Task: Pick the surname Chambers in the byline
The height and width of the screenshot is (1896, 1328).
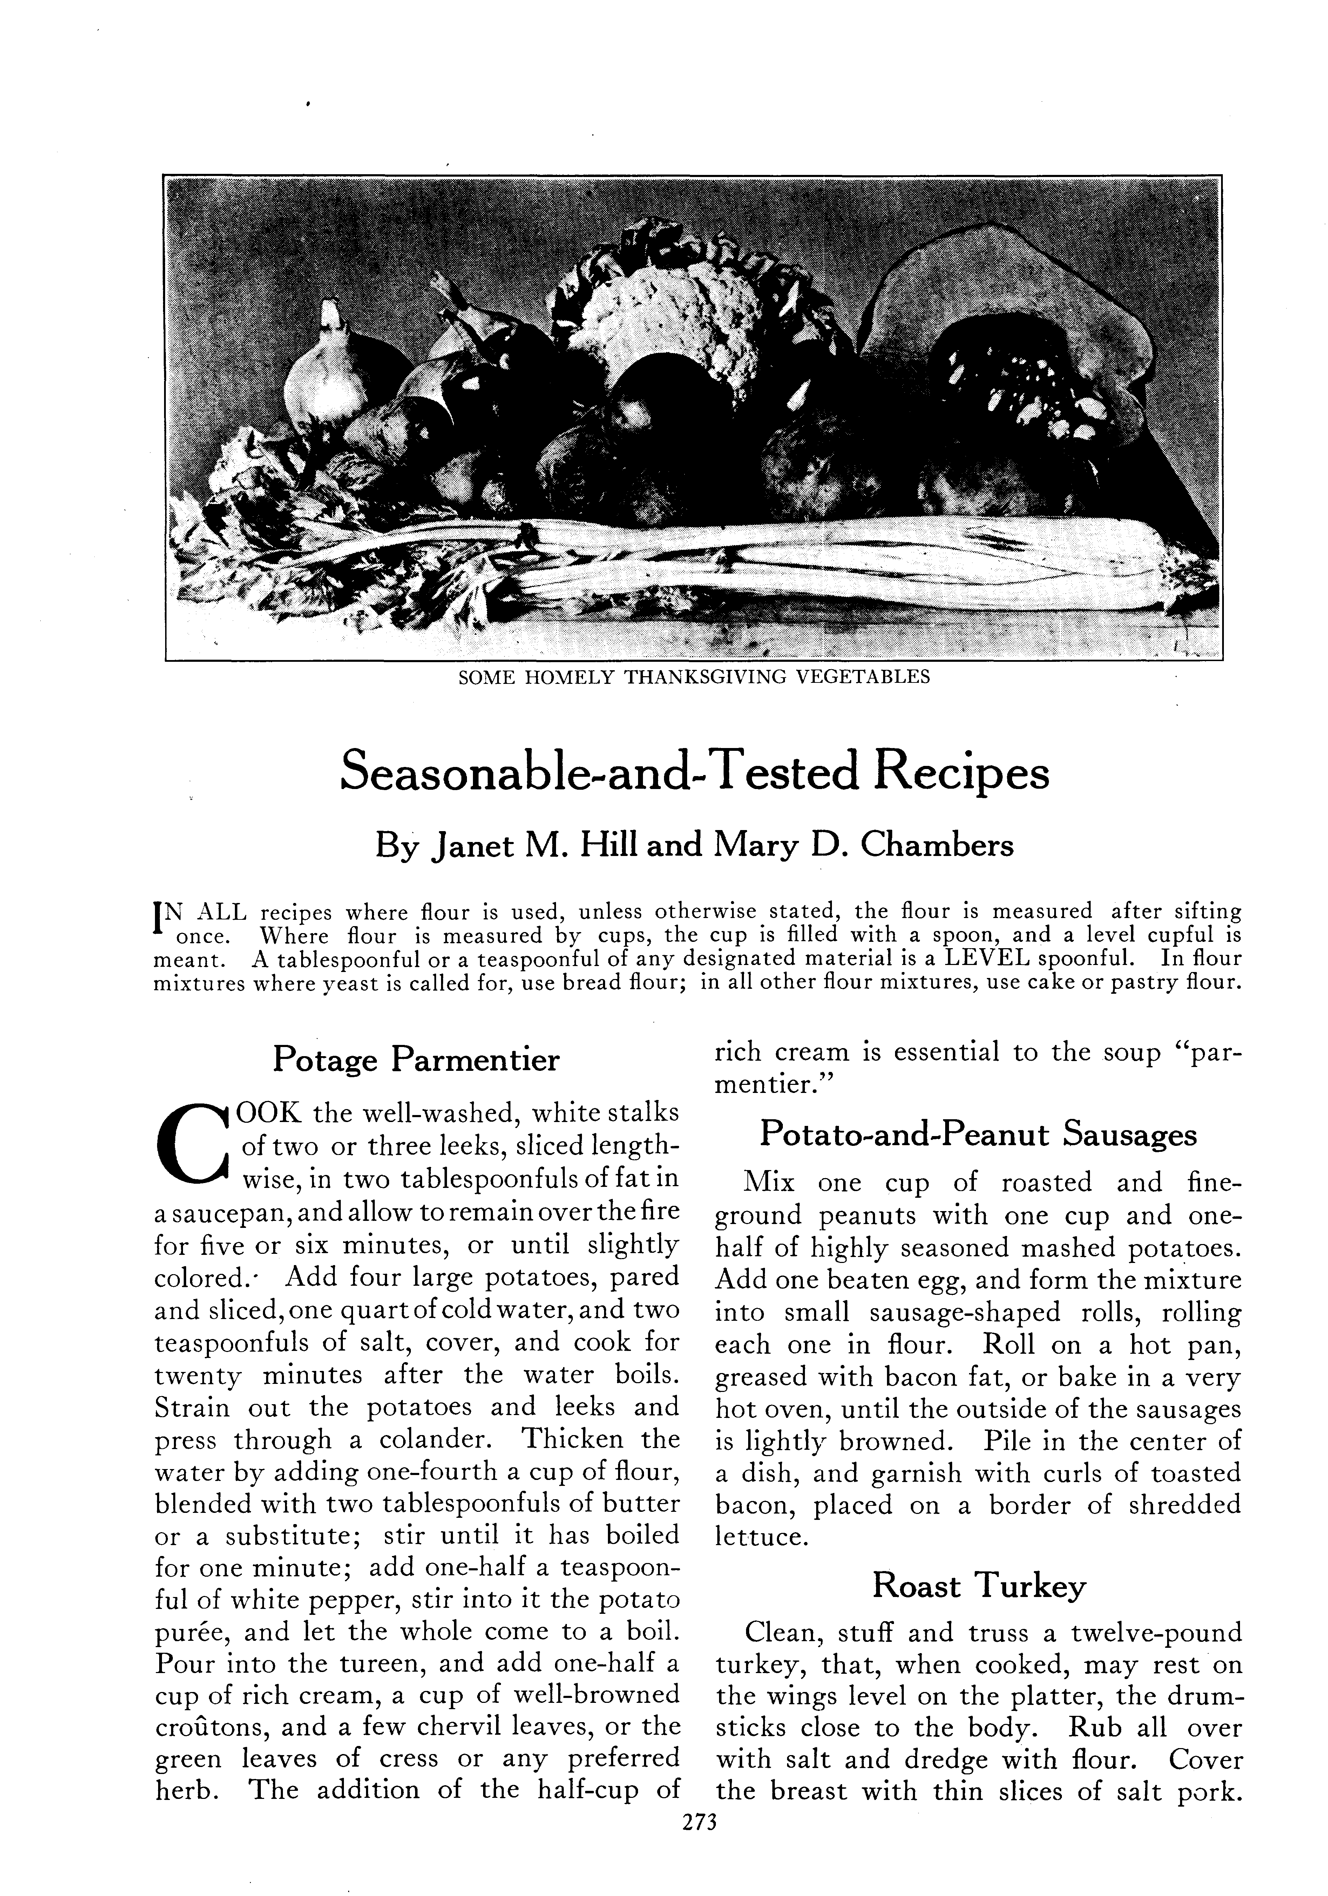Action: [x=936, y=845]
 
